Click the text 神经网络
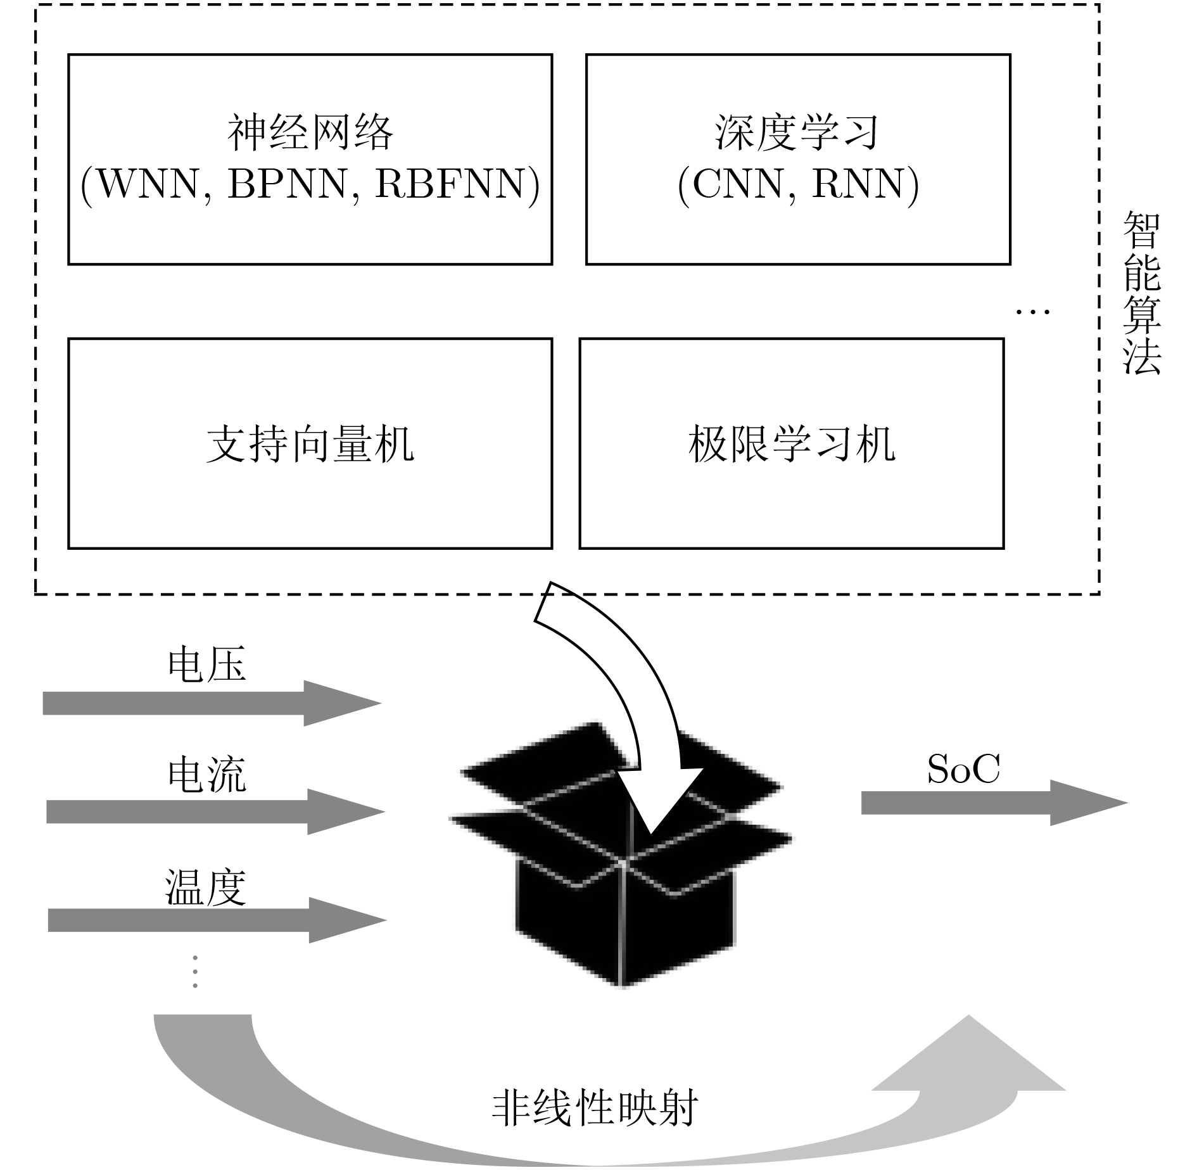point(310,133)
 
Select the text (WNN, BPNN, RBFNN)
point(310,185)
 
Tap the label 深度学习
point(797,133)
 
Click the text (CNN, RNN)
point(798,185)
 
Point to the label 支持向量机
point(310,444)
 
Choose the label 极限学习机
point(792,444)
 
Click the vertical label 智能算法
point(1141,293)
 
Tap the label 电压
point(206,664)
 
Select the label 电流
point(206,774)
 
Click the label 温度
point(206,887)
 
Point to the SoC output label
point(963,770)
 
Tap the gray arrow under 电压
point(212,703)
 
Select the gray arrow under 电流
point(215,811)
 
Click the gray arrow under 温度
point(217,920)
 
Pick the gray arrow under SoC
point(994,803)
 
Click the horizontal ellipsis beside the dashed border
point(1033,311)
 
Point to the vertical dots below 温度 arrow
point(195,972)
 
